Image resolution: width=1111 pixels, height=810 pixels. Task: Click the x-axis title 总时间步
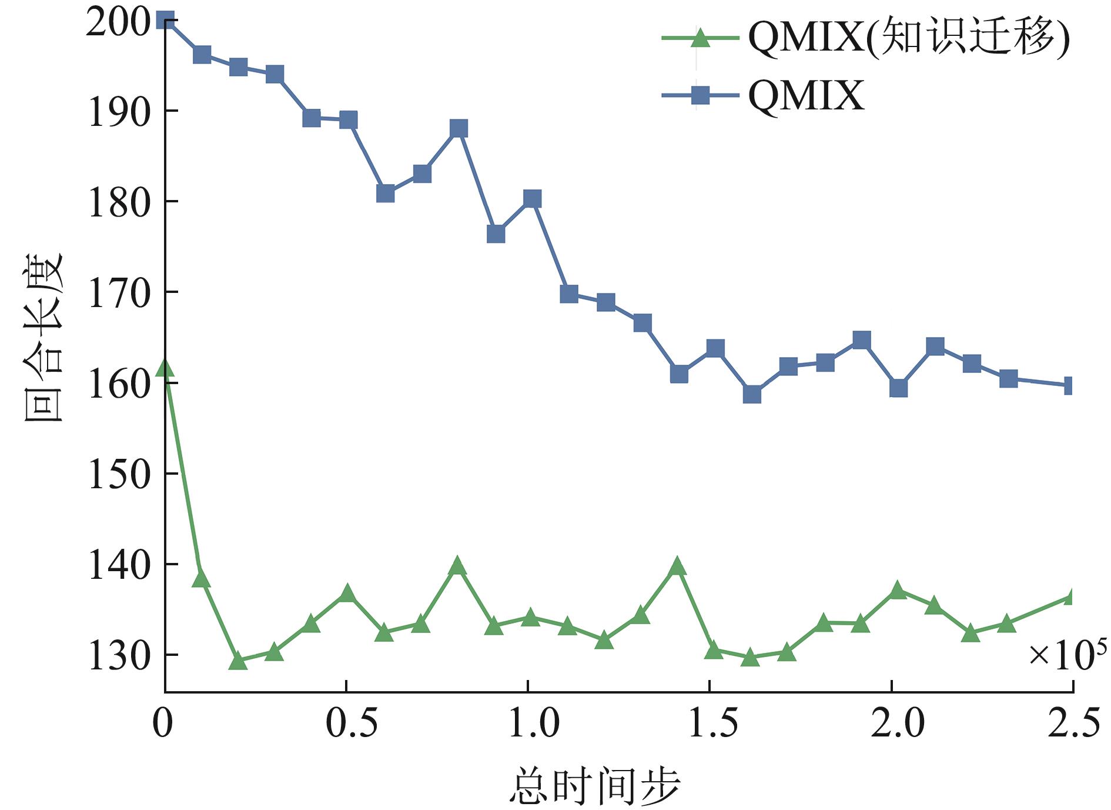point(594,785)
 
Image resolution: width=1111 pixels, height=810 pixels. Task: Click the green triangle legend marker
point(700,38)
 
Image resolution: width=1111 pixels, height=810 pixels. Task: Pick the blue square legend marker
point(700,95)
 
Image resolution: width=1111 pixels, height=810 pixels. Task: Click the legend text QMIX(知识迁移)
point(909,38)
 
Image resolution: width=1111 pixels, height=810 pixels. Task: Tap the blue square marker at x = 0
point(166,21)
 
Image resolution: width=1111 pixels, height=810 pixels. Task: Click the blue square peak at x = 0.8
point(459,128)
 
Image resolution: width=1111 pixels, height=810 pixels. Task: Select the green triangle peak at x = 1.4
point(677,566)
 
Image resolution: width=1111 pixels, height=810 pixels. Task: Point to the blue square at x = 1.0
point(532,199)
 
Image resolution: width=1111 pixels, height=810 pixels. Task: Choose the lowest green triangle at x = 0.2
point(237,661)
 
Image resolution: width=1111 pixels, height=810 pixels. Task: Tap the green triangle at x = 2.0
point(898,590)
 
